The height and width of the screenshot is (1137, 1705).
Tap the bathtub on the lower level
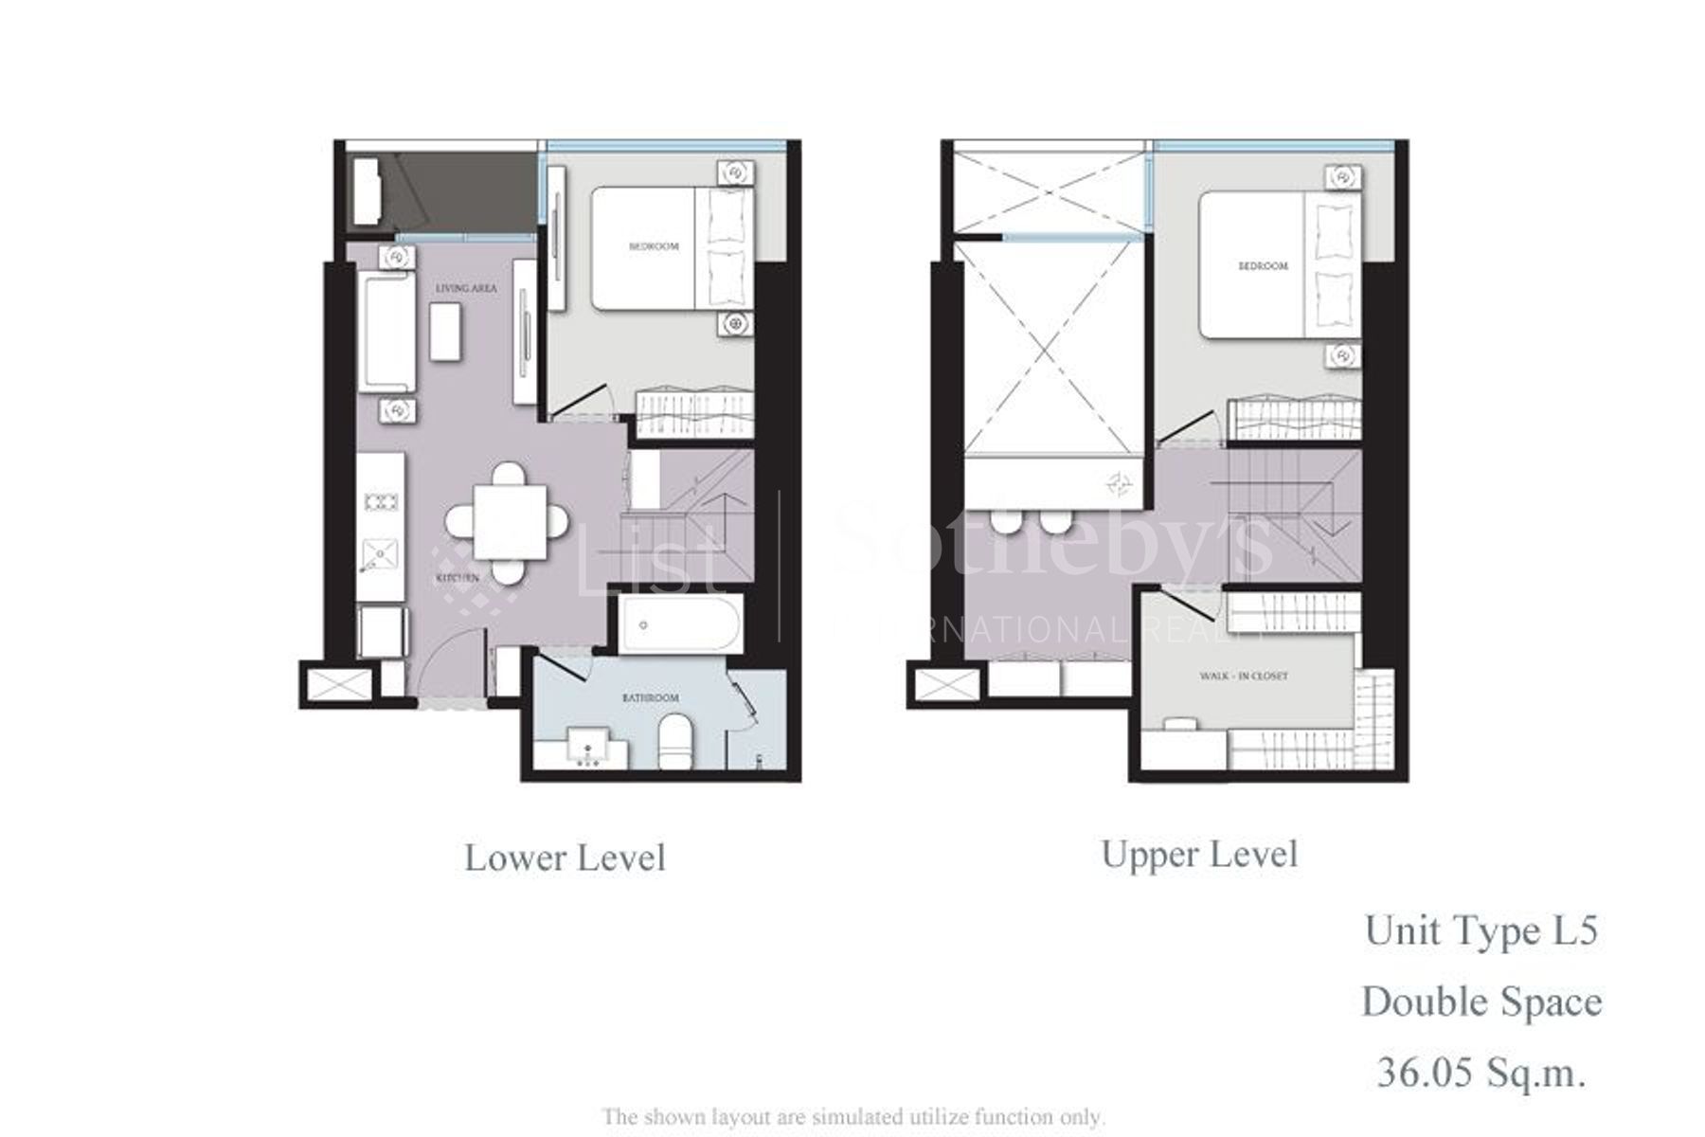680,624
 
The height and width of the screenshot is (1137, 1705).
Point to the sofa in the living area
386,332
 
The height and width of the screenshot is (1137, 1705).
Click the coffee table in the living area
445,331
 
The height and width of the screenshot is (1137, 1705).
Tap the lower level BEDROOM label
654,246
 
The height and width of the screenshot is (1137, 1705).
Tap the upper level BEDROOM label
1263,266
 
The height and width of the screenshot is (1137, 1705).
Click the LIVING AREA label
466,288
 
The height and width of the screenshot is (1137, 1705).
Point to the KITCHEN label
458,578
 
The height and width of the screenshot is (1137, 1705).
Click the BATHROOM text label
650,698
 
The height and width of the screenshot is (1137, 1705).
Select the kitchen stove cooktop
381,502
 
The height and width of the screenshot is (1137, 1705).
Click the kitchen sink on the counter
381,553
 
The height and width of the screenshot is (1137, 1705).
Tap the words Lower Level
565,858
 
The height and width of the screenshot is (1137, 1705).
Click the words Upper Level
1198,855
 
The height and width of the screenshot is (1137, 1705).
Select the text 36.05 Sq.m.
1481,1073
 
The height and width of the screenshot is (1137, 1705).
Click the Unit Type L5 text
1481,930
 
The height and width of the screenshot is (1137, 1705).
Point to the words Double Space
1481,1002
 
